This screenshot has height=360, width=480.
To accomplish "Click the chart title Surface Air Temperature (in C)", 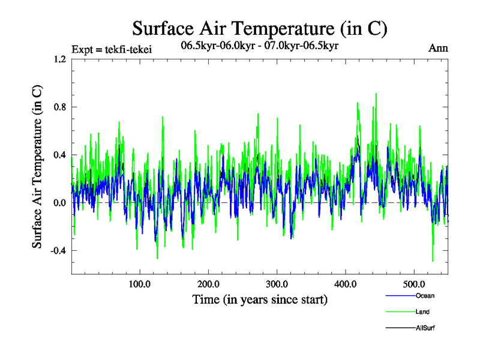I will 259,28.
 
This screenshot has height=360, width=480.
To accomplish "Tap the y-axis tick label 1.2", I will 59,59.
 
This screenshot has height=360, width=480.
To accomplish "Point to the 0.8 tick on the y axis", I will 59,107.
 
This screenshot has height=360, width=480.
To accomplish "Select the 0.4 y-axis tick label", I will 59,155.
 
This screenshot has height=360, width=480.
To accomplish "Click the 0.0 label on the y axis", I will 59,203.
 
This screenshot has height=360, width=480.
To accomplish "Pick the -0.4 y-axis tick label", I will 58,251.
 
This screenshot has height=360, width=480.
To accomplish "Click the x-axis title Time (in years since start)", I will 259,299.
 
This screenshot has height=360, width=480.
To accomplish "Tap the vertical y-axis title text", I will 37,167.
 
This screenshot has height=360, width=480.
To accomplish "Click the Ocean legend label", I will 424,296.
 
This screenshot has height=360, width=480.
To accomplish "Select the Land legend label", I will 422,312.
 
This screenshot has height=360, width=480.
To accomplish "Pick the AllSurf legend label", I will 425,328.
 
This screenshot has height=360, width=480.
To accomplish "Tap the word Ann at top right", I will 438,48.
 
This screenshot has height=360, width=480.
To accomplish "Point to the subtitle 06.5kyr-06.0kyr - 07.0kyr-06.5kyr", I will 259,46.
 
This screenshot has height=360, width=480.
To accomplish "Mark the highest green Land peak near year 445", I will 376,94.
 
